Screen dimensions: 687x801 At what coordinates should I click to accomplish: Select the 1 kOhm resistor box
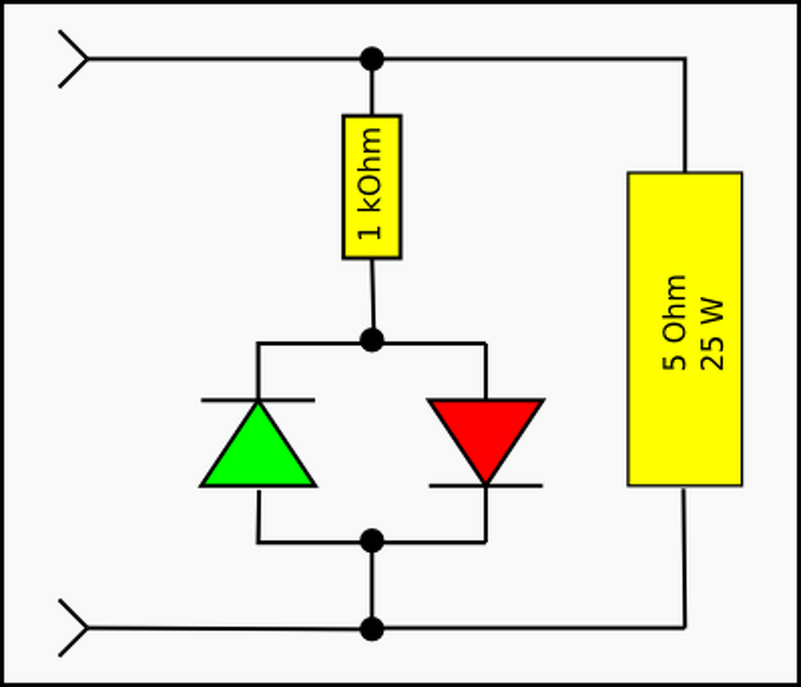pyautogui.click(x=372, y=187)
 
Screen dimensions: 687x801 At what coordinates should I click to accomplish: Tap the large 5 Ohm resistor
pyautogui.click(x=684, y=329)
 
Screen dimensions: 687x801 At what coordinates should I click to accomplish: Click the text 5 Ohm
pyautogui.click(x=675, y=322)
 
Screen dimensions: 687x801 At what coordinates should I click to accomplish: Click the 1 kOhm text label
pyautogui.click(x=370, y=184)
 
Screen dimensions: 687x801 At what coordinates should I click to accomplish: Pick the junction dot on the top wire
pyautogui.click(x=372, y=59)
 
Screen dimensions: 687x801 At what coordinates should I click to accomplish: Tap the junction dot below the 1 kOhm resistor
pyautogui.click(x=372, y=340)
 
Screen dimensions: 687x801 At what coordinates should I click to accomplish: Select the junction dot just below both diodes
pyautogui.click(x=372, y=541)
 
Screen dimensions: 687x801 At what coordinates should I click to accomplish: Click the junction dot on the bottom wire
pyautogui.click(x=372, y=629)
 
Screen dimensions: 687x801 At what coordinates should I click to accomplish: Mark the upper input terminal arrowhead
pyautogui.click(x=75, y=59)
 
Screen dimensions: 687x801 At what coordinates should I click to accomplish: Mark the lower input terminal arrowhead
pyautogui.click(x=75, y=628)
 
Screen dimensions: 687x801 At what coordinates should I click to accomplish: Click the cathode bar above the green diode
pyautogui.click(x=258, y=400)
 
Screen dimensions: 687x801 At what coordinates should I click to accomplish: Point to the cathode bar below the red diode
pyautogui.click(x=485, y=485)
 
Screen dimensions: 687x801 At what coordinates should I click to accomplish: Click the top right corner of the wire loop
pyautogui.click(x=684, y=59)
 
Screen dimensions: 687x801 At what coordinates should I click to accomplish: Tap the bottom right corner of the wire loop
pyautogui.click(x=684, y=628)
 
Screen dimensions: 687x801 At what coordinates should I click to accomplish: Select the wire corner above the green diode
pyautogui.click(x=258, y=343)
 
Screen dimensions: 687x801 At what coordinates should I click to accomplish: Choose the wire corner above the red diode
pyautogui.click(x=485, y=343)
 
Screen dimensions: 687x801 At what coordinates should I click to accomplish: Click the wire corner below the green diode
pyautogui.click(x=258, y=541)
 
